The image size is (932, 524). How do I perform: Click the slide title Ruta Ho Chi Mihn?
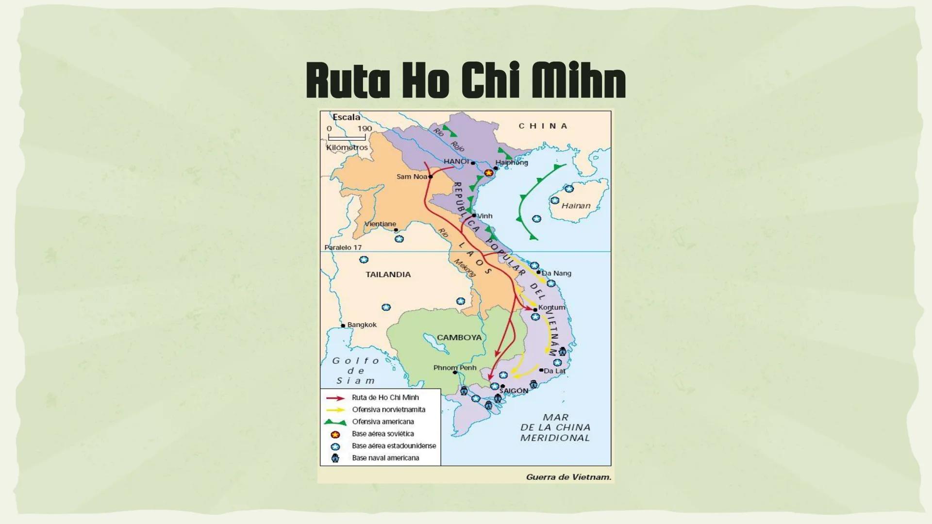pyautogui.click(x=466, y=80)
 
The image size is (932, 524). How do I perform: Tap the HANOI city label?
pyautogui.click(x=456, y=162)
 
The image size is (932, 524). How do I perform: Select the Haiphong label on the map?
pyautogui.click(x=512, y=163)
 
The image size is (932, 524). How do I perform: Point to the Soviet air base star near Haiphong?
pyautogui.click(x=489, y=173)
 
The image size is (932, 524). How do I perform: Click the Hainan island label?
pyautogui.click(x=576, y=206)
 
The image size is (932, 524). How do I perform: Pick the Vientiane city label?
pyautogui.click(x=380, y=224)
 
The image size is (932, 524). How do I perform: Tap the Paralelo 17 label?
pyautogui.click(x=343, y=247)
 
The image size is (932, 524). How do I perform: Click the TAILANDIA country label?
pyautogui.click(x=388, y=275)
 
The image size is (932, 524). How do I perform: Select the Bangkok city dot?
pyautogui.click(x=343, y=326)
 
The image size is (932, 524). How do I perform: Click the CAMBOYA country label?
pyautogui.click(x=459, y=338)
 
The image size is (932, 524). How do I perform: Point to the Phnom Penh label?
pyautogui.click(x=455, y=368)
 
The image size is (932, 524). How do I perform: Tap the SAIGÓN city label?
pyautogui.click(x=514, y=391)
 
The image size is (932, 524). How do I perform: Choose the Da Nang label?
pyautogui.click(x=556, y=273)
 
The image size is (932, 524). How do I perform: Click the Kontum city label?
pyautogui.click(x=551, y=308)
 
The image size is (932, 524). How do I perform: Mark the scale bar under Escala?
pyautogui.click(x=347, y=138)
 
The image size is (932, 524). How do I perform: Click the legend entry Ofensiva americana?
pyautogui.click(x=383, y=422)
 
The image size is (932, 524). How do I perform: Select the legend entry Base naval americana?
pyautogui.click(x=385, y=458)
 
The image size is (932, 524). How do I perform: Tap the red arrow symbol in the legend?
pyautogui.click(x=335, y=398)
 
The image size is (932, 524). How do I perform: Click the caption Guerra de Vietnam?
pyautogui.click(x=568, y=477)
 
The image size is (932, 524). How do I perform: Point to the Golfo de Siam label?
pyautogui.click(x=356, y=371)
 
